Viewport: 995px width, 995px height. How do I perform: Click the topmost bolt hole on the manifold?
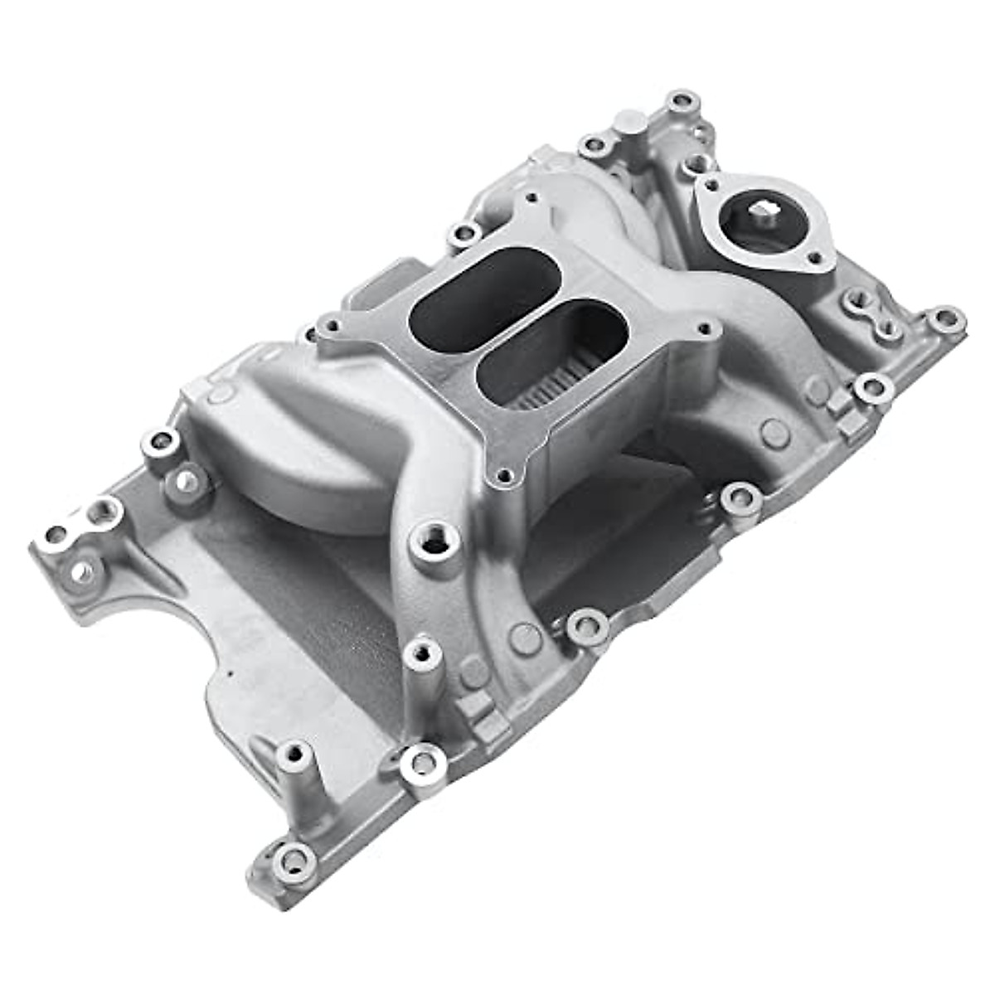click(x=682, y=102)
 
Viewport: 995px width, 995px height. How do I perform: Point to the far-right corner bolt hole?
click(x=944, y=318)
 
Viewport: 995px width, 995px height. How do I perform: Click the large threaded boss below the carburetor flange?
click(x=434, y=543)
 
